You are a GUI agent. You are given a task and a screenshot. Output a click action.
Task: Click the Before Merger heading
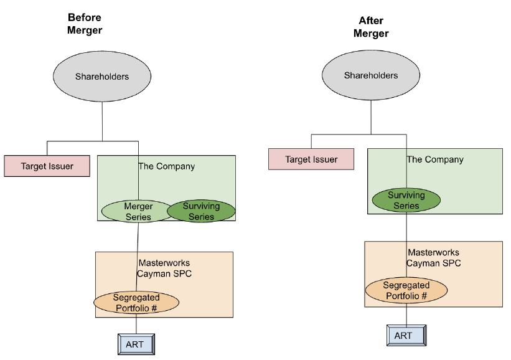coord(85,24)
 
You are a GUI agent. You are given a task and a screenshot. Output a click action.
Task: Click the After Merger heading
coord(370,27)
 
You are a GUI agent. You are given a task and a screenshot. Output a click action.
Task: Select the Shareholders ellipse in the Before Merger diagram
coord(102,77)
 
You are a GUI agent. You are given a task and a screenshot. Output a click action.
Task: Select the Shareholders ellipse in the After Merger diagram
coord(371,75)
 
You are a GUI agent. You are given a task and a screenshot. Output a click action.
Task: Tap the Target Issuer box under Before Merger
coord(47,166)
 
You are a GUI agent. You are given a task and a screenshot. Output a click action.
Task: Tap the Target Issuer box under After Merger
coord(311,159)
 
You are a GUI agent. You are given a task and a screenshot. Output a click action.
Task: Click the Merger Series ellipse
coord(138,211)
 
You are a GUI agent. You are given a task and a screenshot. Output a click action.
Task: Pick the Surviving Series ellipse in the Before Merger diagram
coord(202,211)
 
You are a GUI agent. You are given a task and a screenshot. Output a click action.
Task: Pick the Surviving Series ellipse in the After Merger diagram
coord(406,200)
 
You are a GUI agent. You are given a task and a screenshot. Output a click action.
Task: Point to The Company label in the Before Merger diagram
coord(166,166)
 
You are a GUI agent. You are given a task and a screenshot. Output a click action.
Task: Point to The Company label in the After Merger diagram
coord(435,159)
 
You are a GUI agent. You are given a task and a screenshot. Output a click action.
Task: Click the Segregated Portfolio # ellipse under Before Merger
coord(136,303)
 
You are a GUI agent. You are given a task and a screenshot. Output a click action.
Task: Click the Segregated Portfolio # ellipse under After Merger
coord(406,291)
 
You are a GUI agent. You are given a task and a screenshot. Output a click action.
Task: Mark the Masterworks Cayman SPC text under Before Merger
coord(163,268)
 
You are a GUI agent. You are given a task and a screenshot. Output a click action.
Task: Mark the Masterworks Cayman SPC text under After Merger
coord(433,257)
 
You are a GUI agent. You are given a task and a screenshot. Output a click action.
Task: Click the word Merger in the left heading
coord(85,30)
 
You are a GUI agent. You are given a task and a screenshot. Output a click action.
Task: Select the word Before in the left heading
coord(85,17)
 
